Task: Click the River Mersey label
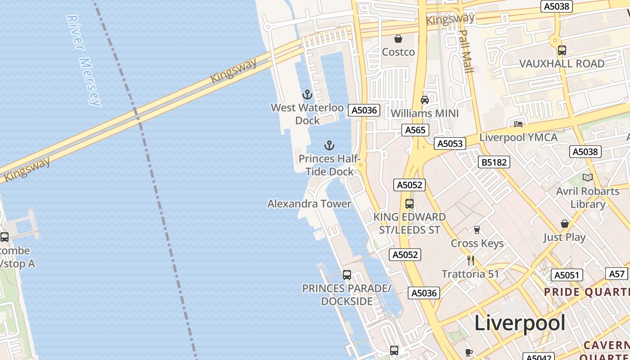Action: point(84,60)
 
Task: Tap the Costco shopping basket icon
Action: point(398,39)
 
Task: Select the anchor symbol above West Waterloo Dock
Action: point(307,94)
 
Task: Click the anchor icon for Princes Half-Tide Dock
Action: point(329,145)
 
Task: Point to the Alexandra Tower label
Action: point(309,204)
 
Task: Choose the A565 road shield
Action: point(415,130)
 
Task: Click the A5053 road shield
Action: point(450,144)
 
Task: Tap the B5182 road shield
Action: point(494,162)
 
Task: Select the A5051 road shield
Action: point(567,275)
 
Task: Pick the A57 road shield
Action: point(617,273)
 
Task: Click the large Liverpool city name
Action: point(520,323)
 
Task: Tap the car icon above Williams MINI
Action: point(424,99)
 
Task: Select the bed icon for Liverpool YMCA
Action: point(518,124)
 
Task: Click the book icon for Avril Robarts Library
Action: point(587,177)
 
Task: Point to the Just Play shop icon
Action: point(564,224)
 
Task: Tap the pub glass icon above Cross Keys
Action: point(477,230)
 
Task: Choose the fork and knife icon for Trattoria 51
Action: point(471,260)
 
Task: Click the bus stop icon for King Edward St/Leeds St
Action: point(409,203)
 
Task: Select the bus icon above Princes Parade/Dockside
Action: point(346,274)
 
